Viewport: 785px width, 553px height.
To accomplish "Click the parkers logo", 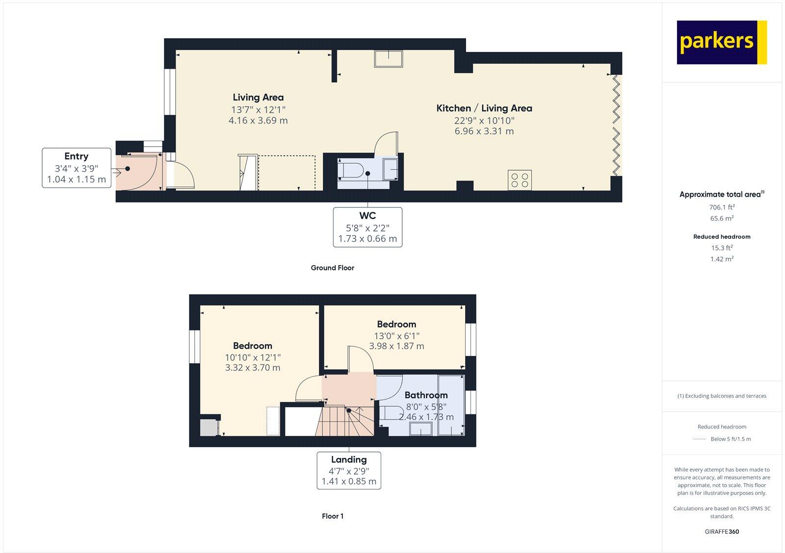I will (x=721, y=42).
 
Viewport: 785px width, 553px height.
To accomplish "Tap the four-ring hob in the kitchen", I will (x=520, y=180).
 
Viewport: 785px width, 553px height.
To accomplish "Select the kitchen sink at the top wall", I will (x=389, y=58).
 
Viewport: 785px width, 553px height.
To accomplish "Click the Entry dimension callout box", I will (x=76, y=168).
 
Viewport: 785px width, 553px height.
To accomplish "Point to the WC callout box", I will (x=367, y=227).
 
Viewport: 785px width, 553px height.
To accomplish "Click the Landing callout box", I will (x=349, y=470).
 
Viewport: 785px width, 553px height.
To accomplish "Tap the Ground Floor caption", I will (x=332, y=268).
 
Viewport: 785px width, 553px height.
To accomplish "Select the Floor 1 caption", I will (x=332, y=516).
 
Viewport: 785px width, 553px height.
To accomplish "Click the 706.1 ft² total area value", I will (x=721, y=207).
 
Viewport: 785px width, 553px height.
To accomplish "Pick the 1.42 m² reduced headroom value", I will (x=721, y=259).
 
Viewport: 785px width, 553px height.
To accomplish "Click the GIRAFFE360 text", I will (x=721, y=531).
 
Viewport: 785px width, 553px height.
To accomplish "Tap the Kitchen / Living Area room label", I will (x=484, y=108).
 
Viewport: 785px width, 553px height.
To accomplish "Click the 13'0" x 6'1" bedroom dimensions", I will (x=396, y=336).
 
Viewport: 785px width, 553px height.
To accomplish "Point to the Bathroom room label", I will (x=426, y=395).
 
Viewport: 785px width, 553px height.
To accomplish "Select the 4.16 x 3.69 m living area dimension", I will (x=258, y=121).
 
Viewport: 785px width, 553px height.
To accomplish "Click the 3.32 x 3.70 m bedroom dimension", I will (x=253, y=368).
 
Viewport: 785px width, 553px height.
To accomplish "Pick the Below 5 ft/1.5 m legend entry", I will (x=730, y=439).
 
